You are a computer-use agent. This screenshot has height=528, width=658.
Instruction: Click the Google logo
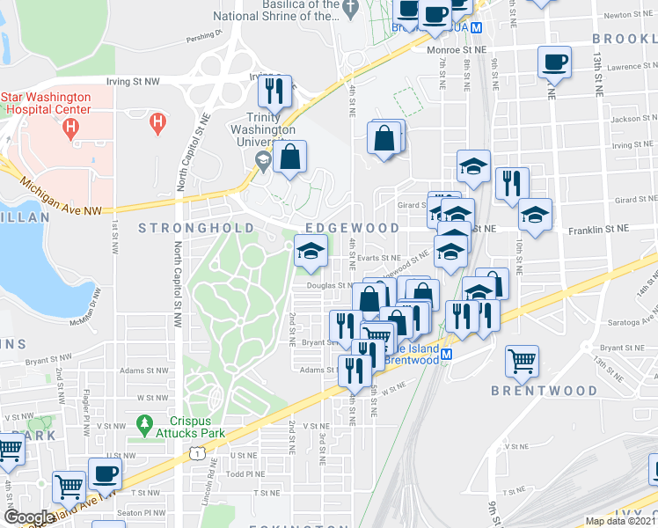point(28,517)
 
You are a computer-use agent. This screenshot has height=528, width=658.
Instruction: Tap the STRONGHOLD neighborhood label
point(184,229)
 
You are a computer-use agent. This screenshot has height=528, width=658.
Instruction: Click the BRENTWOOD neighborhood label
point(525,390)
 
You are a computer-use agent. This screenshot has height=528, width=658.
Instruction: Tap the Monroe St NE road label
point(457,50)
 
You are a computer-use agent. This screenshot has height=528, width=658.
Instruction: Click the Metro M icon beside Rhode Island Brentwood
point(446,355)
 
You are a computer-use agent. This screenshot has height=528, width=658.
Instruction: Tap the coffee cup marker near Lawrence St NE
point(555,62)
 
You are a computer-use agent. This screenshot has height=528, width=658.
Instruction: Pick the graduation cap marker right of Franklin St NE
point(534,213)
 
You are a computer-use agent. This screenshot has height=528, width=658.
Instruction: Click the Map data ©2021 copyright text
point(621,522)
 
